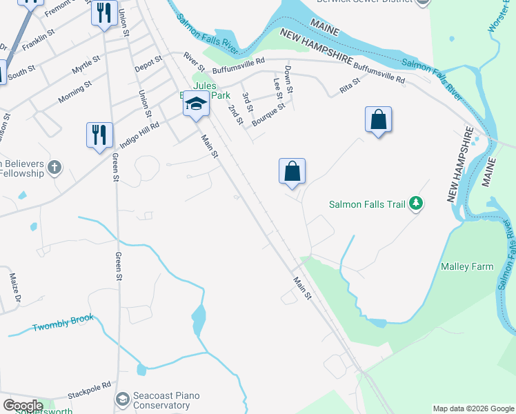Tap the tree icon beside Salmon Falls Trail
(x=415, y=203)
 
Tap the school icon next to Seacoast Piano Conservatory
(x=122, y=399)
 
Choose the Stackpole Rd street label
(x=89, y=391)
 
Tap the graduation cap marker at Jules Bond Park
(x=196, y=105)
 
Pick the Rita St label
(x=350, y=88)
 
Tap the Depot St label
(x=148, y=63)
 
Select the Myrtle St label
(x=86, y=68)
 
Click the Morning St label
(x=75, y=92)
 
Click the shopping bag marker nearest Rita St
(x=378, y=120)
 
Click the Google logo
(x=23, y=406)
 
